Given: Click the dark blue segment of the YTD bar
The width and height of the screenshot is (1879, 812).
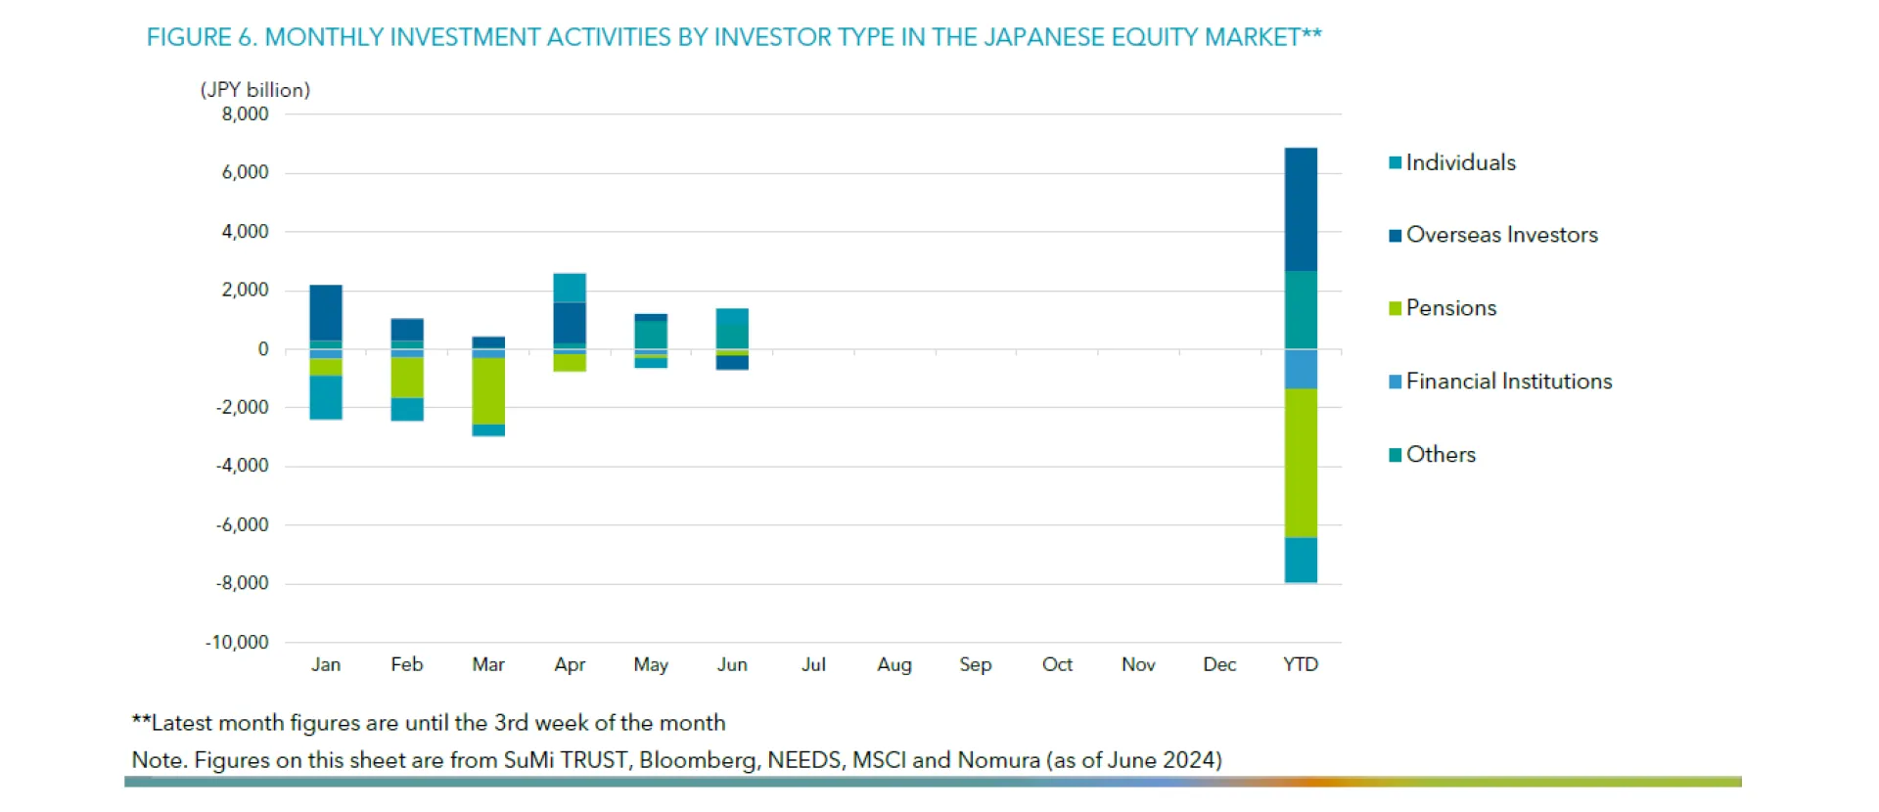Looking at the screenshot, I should click(1301, 209).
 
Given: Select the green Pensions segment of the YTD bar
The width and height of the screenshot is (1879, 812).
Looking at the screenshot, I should click(1301, 463).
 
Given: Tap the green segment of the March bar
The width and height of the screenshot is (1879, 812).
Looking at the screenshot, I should click(488, 390).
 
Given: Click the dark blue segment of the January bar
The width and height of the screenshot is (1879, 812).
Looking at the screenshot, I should click(326, 312).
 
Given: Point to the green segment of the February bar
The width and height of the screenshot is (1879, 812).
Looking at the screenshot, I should click(407, 378).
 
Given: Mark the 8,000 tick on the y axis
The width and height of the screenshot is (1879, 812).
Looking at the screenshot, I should click(245, 114).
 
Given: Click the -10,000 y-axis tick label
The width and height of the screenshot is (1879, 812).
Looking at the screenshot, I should click(237, 643).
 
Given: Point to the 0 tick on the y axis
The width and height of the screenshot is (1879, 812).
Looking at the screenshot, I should click(262, 349).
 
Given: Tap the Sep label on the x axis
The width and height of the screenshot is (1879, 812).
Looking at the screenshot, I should click(975, 664).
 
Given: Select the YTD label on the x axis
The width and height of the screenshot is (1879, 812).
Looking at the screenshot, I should click(1301, 664).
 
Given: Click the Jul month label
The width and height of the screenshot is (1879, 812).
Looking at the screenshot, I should click(813, 664).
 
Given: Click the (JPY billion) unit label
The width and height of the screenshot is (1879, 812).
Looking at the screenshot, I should click(255, 90).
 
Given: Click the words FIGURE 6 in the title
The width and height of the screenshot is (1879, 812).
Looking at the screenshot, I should click(202, 37).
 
